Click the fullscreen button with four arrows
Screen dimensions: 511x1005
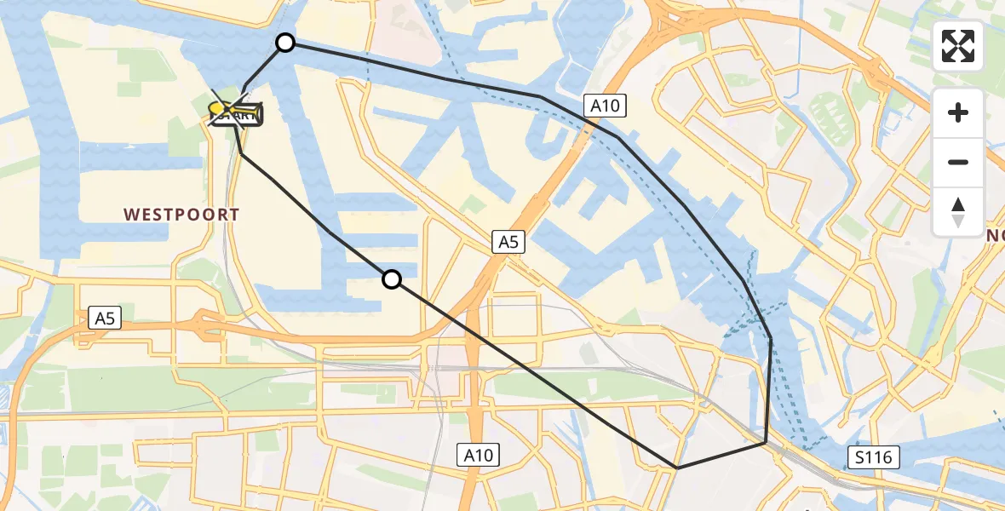tap(958, 46)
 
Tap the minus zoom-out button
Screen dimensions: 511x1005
tap(958, 162)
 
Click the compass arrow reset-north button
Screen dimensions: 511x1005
tap(958, 212)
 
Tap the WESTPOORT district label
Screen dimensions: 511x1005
tap(182, 215)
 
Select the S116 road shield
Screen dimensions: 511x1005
tap(874, 458)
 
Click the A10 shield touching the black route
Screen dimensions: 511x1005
tap(606, 106)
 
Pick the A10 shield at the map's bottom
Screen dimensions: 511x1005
tap(478, 455)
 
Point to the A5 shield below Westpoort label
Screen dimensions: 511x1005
tap(105, 319)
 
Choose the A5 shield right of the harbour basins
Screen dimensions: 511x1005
tap(508, 243)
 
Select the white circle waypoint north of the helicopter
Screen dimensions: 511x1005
tap(285, 43)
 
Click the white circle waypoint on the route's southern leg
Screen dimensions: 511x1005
tap(391, 278)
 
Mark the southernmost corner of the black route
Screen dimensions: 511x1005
tap(676, 468)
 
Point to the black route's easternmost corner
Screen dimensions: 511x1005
tap(771, 338)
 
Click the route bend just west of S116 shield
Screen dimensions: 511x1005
tap(765, 443)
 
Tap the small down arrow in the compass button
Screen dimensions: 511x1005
tap(958, 221)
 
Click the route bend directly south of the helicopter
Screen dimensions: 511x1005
tap(241, 154)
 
